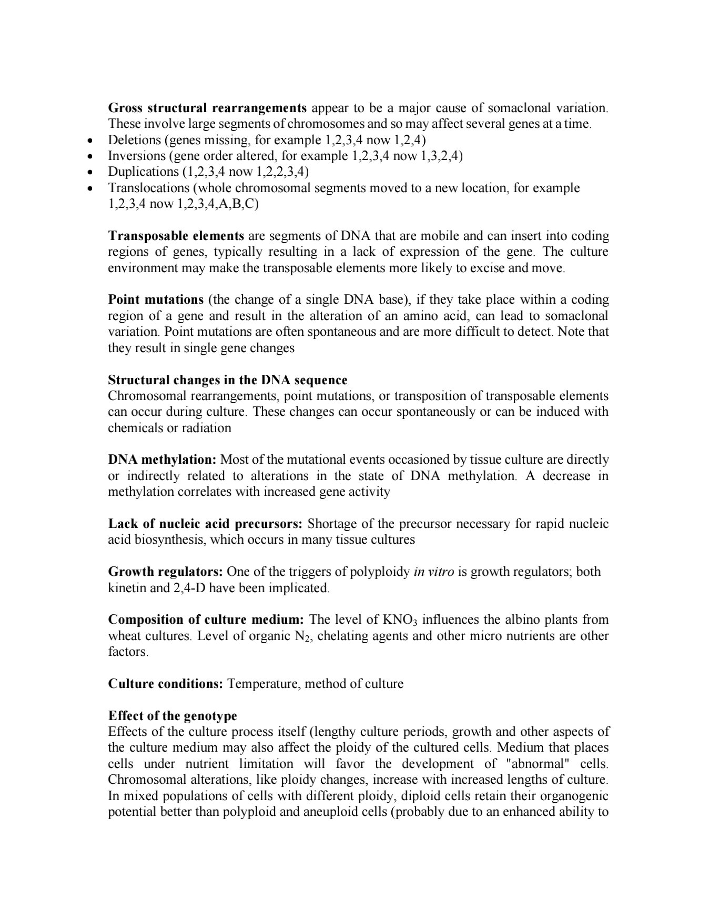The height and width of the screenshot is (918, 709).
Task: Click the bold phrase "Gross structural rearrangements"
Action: point(207,108)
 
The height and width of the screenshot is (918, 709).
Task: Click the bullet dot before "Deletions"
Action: point(92,141)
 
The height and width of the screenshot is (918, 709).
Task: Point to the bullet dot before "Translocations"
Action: point(92,188)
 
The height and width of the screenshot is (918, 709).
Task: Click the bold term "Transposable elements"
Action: point(176,235)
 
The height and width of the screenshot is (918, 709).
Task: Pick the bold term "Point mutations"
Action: point(156,300)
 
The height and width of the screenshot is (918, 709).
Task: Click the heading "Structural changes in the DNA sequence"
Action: point(227,380)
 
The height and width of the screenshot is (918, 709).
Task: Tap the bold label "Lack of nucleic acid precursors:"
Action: point(205,524)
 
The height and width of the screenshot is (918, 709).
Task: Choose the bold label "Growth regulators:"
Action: point(166,572)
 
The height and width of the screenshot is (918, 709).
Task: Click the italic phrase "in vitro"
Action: point(434,572)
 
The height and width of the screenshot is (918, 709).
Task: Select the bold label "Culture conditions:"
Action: point(166,684)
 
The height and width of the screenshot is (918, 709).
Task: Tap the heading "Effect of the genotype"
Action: point(173,715)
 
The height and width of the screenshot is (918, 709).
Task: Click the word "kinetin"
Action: point(127,587)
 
